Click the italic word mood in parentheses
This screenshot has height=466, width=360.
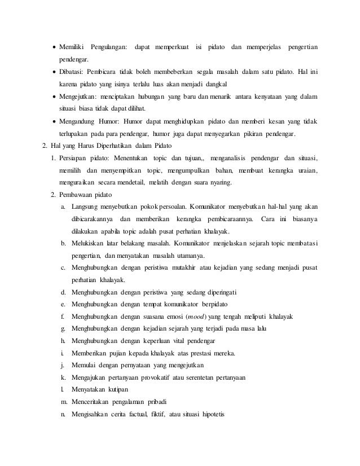196,316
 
